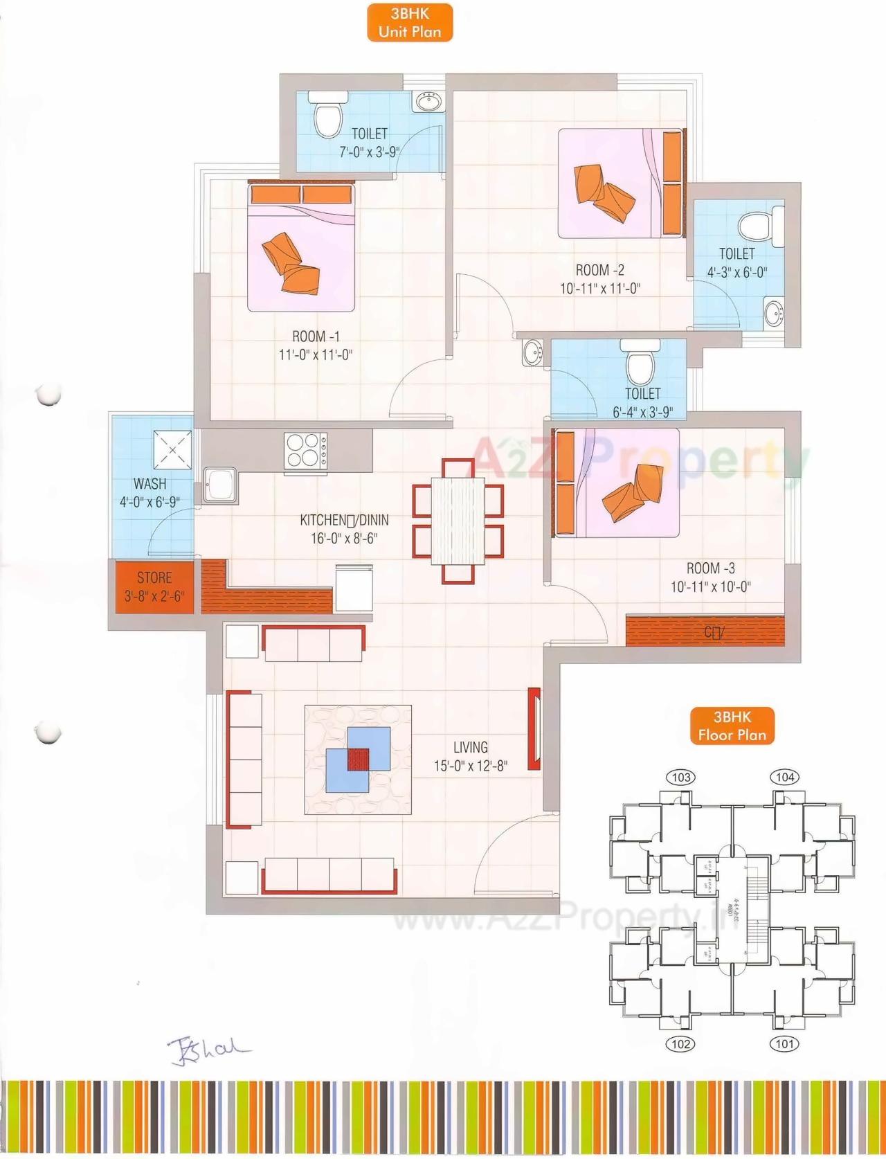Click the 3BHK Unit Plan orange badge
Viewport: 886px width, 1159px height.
coord(410,23)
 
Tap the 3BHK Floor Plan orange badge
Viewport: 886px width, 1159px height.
coord(732,726)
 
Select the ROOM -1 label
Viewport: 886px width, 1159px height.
coord(316,336)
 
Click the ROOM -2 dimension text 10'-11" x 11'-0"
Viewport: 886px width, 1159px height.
coord(600,288)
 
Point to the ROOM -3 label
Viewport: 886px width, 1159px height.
coord(710,568)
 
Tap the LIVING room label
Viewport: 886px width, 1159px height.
coord(471,747)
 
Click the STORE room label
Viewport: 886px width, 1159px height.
coord(154,577)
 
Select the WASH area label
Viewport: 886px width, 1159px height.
coord(150,483)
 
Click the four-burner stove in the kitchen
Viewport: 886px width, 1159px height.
coord(306,450)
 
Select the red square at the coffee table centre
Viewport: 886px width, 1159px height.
coord(358,759)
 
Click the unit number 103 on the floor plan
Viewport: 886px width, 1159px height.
coord(681,777)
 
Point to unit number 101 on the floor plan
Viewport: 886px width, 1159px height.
coord(784,1043)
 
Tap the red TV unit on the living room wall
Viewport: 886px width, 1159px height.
coord(534,728)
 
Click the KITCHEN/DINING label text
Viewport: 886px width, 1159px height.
coord(344,520)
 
